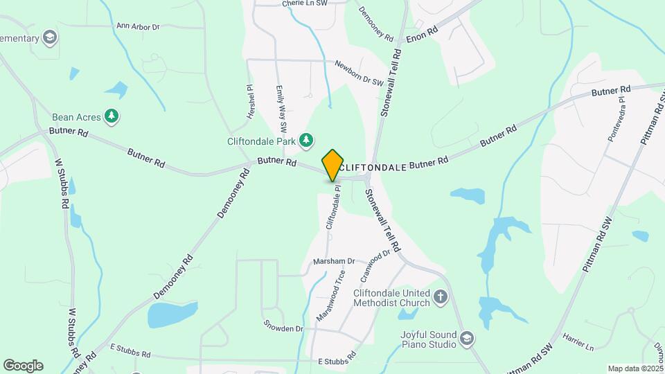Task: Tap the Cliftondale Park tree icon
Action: tap(306, 141)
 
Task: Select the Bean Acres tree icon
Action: tap(111, 116)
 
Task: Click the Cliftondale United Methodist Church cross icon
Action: tap(441, 298)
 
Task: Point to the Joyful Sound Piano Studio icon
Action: tap(467, 339)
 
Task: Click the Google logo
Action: tap(23, 366)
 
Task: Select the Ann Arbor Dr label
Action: tap(138, 26)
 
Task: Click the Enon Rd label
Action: tap(422, 35)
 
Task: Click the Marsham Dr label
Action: tap(334, 261)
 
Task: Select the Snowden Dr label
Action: tap(283, 326)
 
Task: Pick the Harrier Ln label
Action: tap(580, 345)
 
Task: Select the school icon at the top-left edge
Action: tap(49, 37)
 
